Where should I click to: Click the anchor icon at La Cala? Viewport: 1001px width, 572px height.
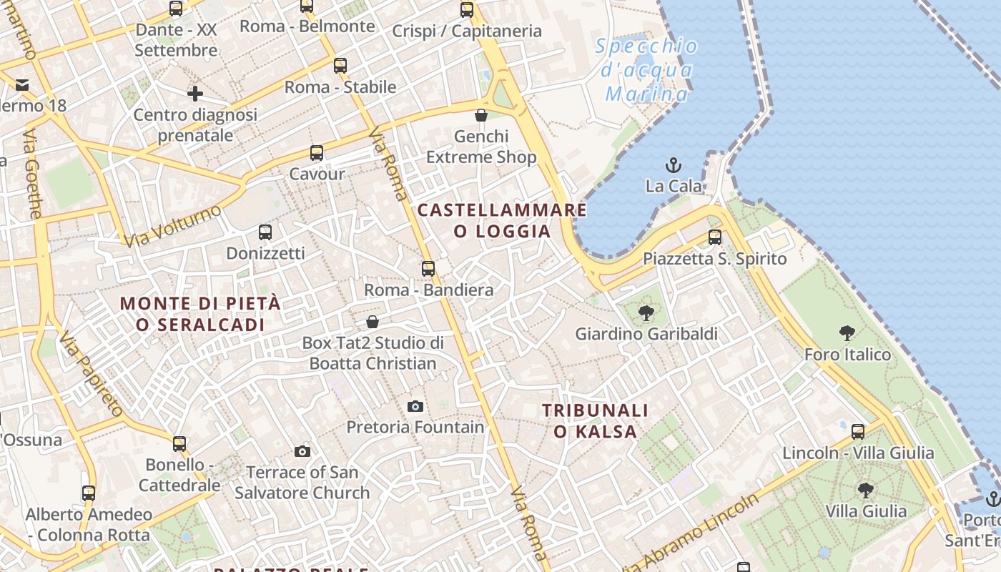673,166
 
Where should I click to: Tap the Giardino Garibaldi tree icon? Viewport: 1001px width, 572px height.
646,312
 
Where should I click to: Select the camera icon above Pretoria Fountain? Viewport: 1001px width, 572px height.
415,406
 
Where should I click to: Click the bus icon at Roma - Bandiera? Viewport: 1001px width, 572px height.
428,269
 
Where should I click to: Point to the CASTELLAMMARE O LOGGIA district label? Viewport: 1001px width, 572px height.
502,220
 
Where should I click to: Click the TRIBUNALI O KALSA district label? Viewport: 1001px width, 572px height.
595,420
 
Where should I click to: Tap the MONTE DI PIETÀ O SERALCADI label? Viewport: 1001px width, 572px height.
200,313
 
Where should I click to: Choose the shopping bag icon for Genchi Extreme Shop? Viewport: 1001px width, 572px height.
481,115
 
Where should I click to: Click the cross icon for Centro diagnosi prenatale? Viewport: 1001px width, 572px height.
194,94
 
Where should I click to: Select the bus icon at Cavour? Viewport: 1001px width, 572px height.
316,153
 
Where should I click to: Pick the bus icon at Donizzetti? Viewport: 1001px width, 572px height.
265,232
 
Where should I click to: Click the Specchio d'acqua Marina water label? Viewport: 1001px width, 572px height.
647,70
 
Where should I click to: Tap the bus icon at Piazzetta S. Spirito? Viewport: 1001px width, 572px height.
714,237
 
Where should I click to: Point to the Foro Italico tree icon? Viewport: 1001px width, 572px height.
847,333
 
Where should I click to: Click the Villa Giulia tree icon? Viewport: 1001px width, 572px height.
865,490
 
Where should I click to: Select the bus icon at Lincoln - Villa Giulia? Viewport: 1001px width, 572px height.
857,432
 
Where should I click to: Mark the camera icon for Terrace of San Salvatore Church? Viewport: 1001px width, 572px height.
302,451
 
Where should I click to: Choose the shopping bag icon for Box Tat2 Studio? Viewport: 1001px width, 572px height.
372,322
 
